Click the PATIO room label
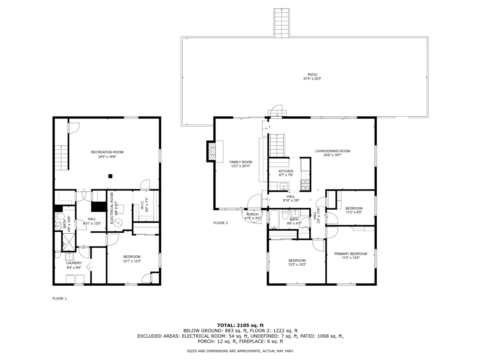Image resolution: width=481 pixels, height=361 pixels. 312,74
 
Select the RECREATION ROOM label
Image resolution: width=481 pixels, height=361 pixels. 107,152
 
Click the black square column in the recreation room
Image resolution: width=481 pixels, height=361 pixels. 110,176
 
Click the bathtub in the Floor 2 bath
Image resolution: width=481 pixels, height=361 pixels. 274,220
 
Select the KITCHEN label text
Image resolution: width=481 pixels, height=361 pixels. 286,171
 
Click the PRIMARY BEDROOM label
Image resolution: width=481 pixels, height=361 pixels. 351,254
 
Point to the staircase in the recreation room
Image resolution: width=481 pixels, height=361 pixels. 62,158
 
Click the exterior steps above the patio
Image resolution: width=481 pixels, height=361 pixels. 282,23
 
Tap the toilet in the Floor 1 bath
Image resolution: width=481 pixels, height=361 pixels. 59,216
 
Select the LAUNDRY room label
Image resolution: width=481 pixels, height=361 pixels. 74,263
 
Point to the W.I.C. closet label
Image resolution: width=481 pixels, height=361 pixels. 142,205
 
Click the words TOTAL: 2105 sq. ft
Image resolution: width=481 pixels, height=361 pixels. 241,325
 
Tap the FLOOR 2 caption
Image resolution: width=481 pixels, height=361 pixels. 220,223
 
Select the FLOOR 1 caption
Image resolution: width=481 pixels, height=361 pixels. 59,299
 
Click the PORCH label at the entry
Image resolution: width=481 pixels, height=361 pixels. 253,214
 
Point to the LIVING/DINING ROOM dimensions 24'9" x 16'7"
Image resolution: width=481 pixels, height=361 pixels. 332,155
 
